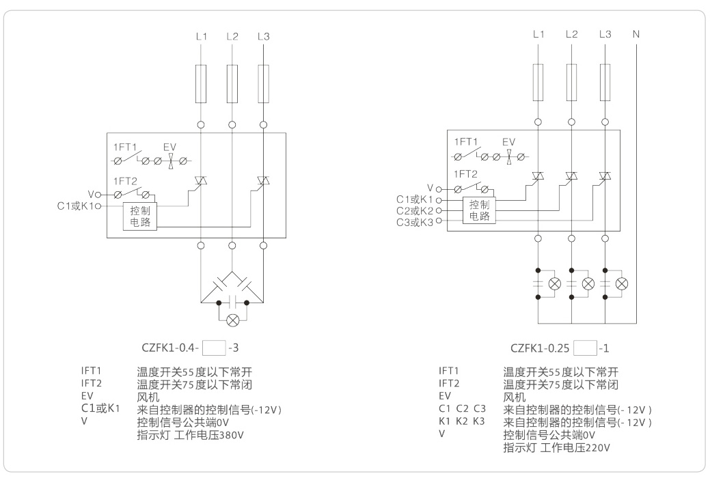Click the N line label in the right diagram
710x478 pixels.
[636, 33]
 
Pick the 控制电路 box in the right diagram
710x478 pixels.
[479, 210]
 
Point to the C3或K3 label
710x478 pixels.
[415, 222]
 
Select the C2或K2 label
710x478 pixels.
[415, 210]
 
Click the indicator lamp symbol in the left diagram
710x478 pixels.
[233, 319]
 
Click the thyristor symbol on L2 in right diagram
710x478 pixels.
[571, 176]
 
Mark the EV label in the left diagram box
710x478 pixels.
[170, 147]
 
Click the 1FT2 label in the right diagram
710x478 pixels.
[465, 173]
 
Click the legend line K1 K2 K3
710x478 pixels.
[461, 421]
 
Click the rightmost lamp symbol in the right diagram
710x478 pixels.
[621, 283]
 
